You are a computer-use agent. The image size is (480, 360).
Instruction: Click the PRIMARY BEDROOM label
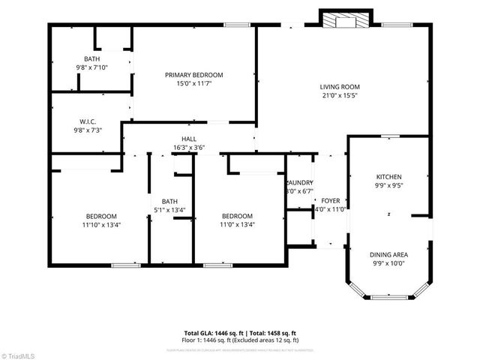194,75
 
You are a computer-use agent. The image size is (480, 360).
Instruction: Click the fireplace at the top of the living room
345,20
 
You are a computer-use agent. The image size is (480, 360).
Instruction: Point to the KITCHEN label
389,176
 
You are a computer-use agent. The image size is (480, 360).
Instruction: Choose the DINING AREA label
388,254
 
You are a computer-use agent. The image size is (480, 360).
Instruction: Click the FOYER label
330,200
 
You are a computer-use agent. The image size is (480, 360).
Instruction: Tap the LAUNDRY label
299,182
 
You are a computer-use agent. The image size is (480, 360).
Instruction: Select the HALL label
189,139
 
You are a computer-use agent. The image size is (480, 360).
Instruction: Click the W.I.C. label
88,121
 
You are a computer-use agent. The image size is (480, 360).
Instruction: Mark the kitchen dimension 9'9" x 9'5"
389,185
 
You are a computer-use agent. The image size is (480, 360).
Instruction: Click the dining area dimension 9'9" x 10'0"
388,263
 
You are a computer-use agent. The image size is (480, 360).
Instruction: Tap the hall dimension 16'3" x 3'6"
189,148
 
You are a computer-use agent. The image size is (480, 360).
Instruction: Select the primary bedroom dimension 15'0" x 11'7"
194,84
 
